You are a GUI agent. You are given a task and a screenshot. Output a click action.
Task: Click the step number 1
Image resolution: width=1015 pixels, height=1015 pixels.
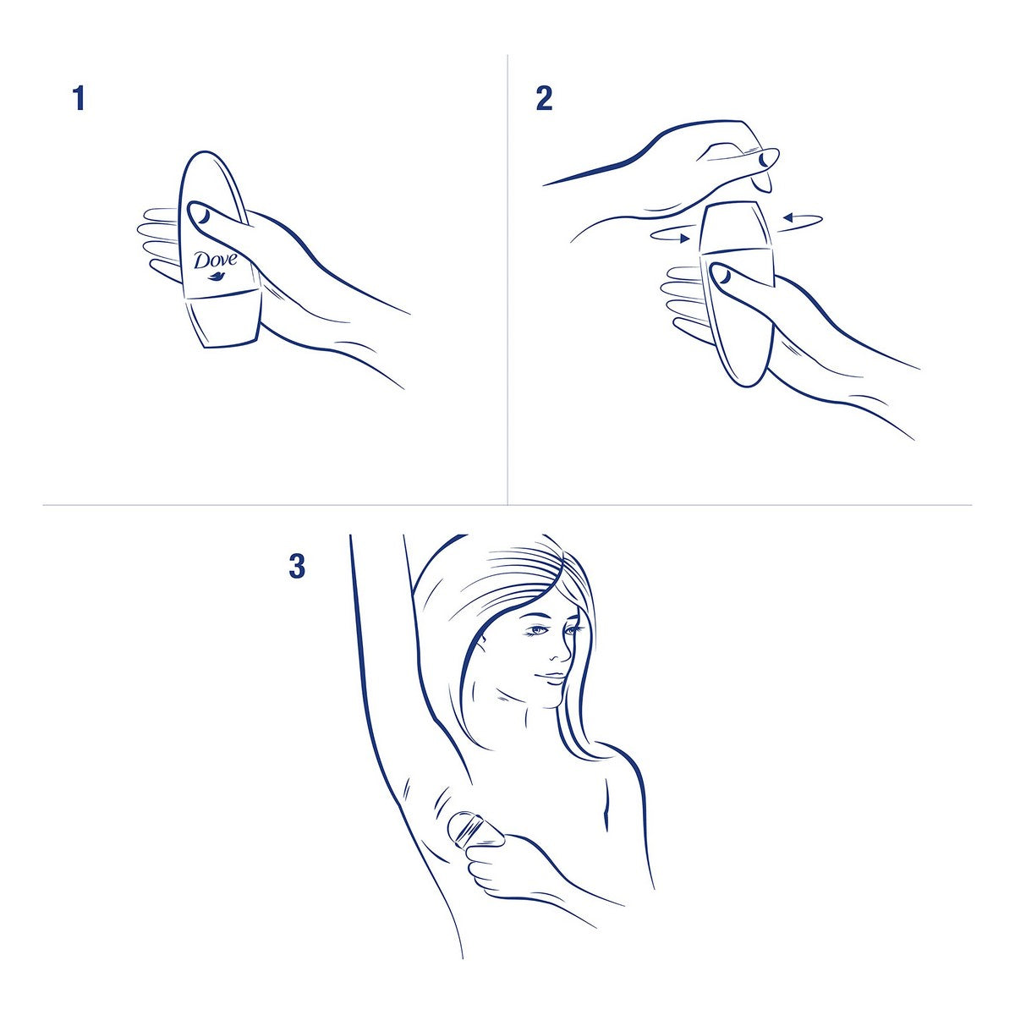(79, 98)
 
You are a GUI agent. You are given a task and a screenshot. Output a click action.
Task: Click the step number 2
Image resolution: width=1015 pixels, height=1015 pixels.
(544, 98)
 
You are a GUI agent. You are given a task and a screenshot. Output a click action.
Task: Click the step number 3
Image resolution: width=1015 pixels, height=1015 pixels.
(297, 566)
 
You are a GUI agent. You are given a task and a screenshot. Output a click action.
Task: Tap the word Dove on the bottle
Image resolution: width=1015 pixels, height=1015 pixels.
(216, 260)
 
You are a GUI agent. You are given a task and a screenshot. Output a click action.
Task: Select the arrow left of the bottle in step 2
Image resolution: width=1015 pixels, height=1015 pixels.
(672, 236)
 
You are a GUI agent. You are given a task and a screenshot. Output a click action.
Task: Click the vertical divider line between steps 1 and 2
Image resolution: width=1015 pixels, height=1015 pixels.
(507, 279)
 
